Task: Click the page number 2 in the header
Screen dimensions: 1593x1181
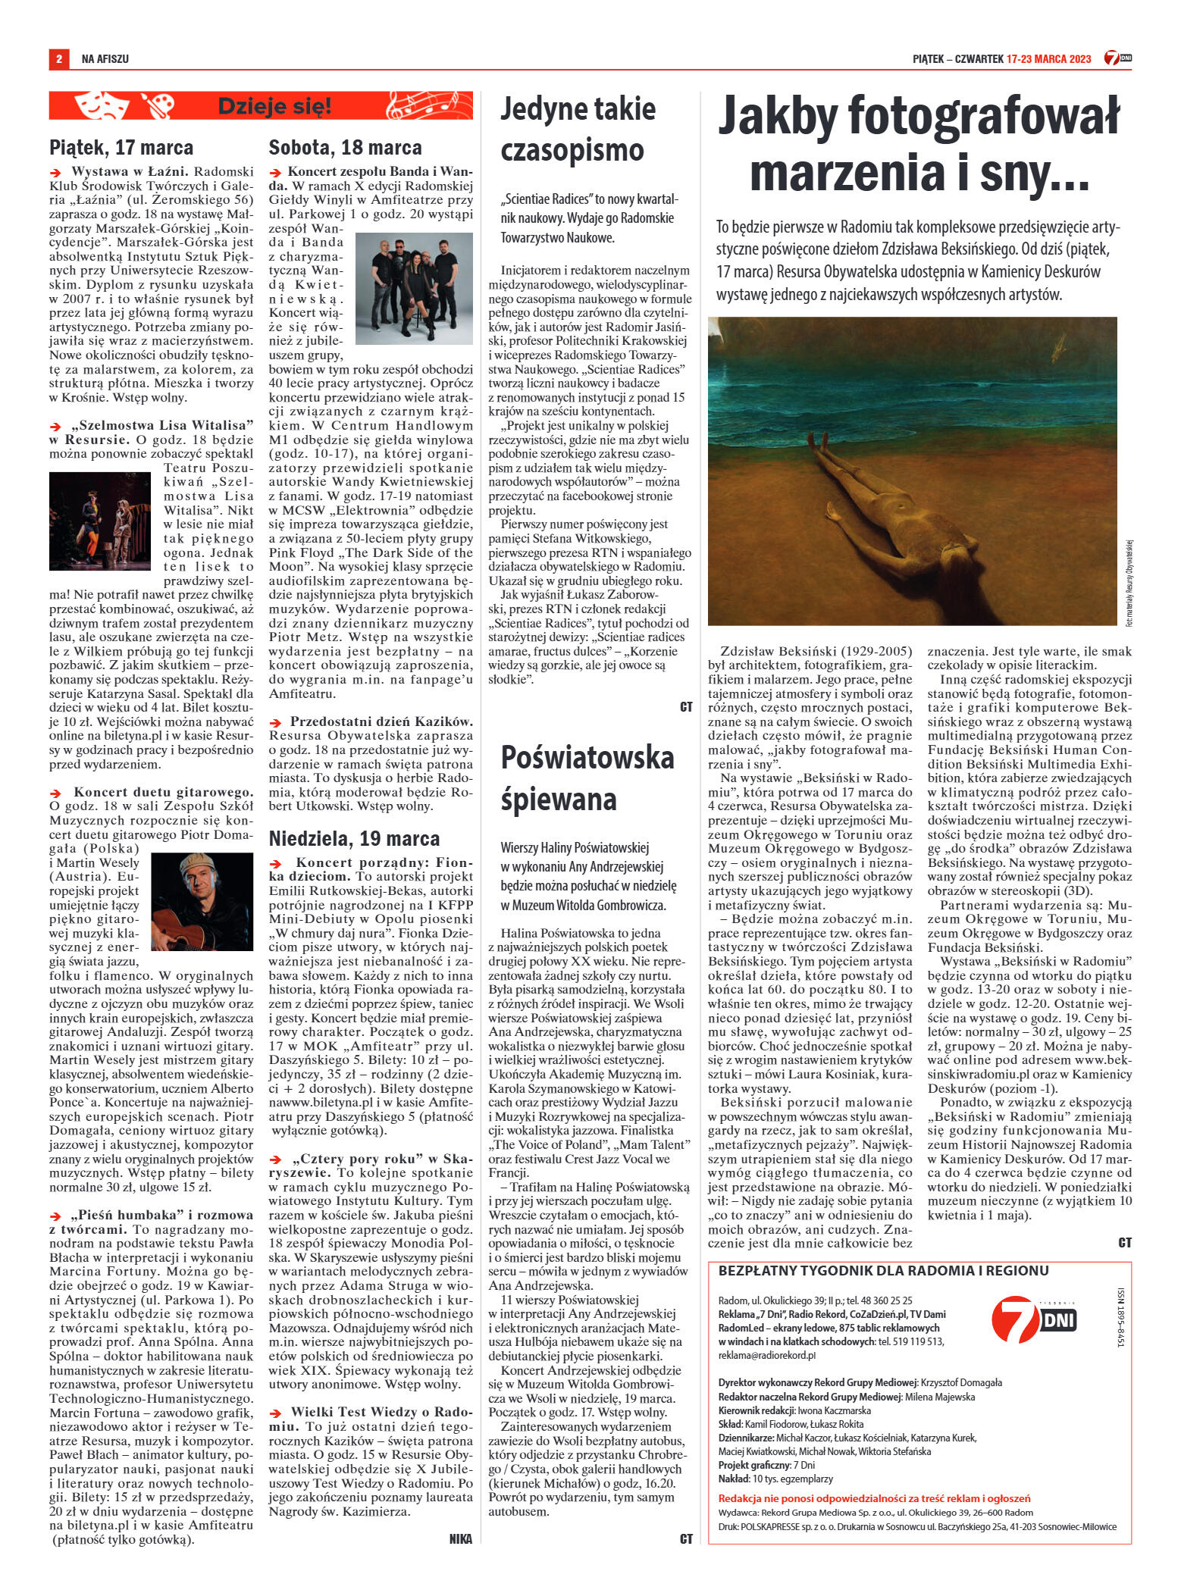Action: [58, 58]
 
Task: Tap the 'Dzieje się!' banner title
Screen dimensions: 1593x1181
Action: [274, 107]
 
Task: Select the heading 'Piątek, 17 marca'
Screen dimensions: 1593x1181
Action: [121, 147]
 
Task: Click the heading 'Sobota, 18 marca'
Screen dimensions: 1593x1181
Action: [345, 147]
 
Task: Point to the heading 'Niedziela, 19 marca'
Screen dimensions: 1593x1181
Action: [354, 838]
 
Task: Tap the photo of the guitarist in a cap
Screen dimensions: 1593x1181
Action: [202, 900]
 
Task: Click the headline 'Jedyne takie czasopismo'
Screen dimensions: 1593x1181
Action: [578, 130]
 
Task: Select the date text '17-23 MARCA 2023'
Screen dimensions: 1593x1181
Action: [1049, 58]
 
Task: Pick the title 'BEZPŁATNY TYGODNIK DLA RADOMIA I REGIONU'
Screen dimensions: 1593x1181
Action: [883, 1271]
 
